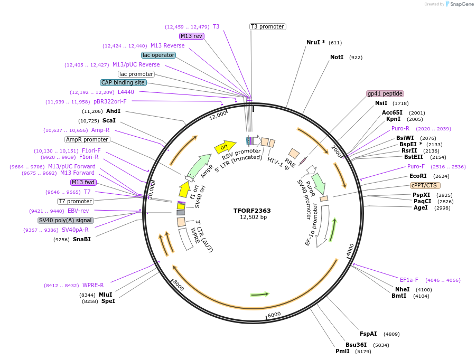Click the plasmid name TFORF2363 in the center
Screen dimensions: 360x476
(252, 211)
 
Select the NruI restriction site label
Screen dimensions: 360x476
(315, 42)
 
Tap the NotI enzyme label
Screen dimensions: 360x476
(337, 57)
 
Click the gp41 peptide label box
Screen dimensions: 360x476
(385, 93)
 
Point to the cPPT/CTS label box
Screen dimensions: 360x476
(425, 185)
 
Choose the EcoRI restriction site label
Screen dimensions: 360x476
(417, 176)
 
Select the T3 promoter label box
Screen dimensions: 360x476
(267, 26)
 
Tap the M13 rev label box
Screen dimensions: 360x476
(191, 36)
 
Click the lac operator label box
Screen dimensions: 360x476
(158, 55)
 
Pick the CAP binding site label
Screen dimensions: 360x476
(124, 82)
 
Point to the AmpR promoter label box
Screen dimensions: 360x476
(87, 140)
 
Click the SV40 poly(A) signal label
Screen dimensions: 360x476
(66, 220)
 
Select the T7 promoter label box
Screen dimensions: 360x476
(75, 201)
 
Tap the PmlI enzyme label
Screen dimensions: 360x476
(342, 351)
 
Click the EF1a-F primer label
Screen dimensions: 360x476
(409, 280)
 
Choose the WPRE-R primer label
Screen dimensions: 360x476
(93, 285)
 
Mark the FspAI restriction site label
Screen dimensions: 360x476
(368, 334)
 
